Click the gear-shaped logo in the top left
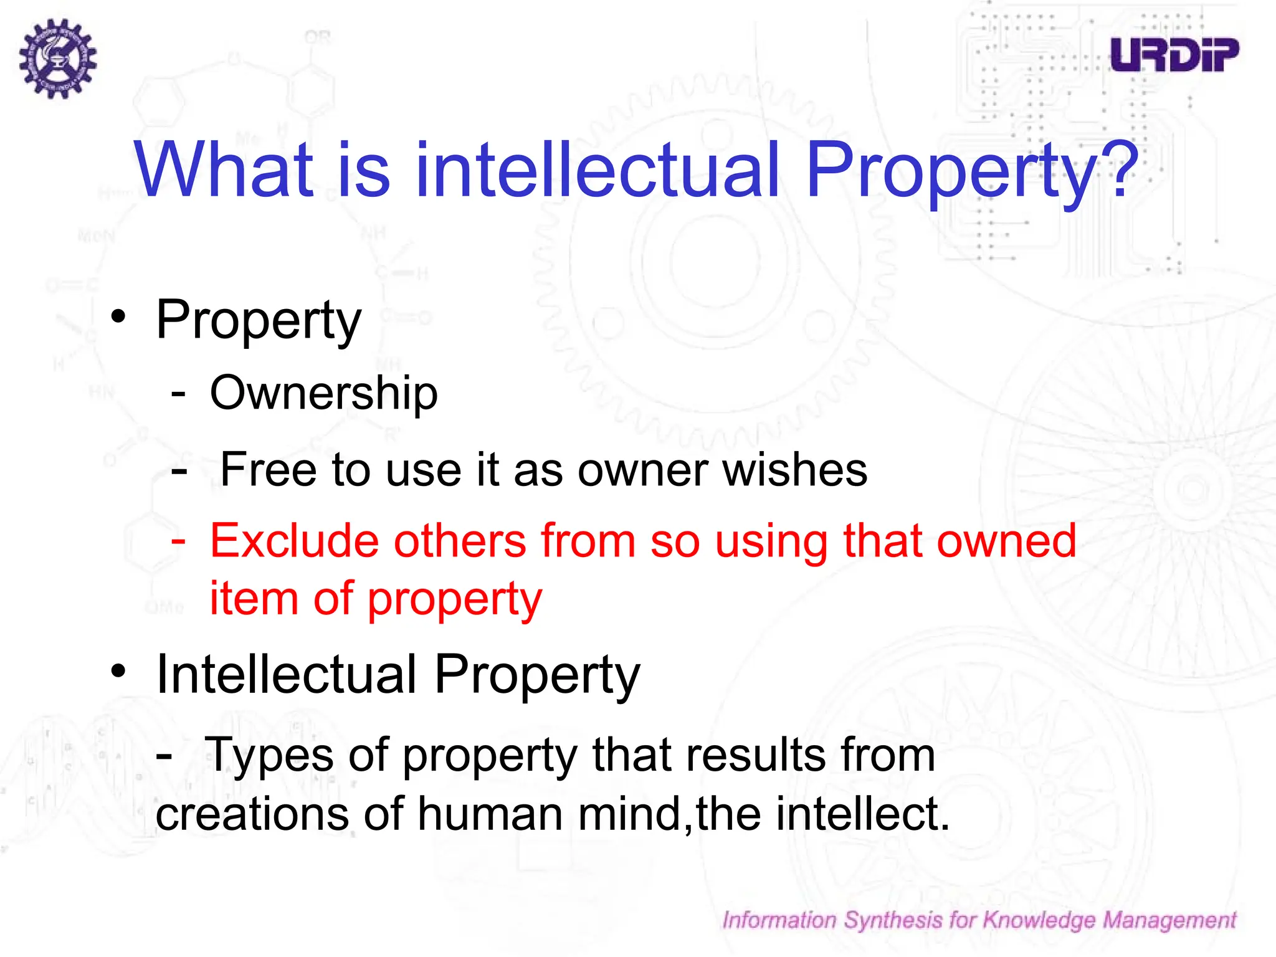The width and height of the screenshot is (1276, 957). click(58, 59)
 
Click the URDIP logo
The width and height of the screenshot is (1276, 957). click(1174, 55)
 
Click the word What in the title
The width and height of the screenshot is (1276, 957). click(224, 169)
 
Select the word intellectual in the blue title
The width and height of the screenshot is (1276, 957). click(598, 169)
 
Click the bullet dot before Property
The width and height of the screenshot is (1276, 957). click(118, 317)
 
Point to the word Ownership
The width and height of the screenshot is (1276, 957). click(324, 393)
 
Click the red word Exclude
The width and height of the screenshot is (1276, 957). click(294, 540)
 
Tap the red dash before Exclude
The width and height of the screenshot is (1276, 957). click(178, 540)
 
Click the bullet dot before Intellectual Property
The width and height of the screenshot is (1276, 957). click(118, 672)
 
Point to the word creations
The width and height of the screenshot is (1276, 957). click(252, 814)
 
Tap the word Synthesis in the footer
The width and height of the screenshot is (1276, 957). click(893, 920)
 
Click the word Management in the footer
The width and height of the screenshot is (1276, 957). click(1169, 920)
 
